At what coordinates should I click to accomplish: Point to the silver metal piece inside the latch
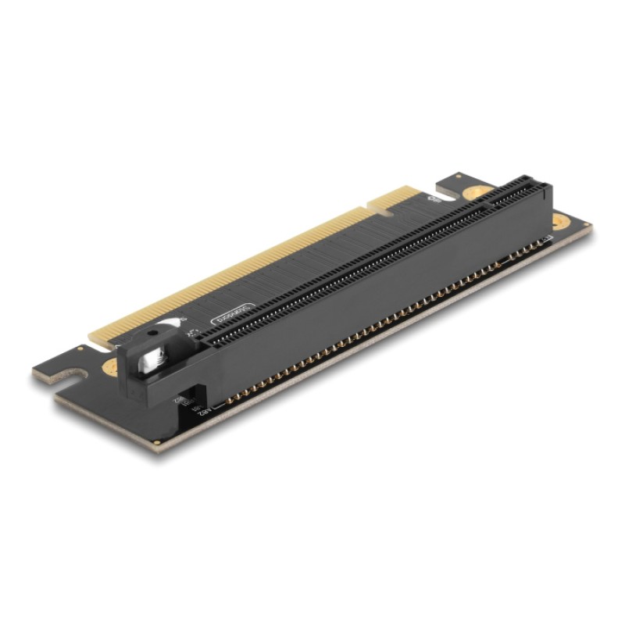(x=148, y=360)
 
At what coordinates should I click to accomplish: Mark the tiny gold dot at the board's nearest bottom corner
(x=158, y=443)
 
